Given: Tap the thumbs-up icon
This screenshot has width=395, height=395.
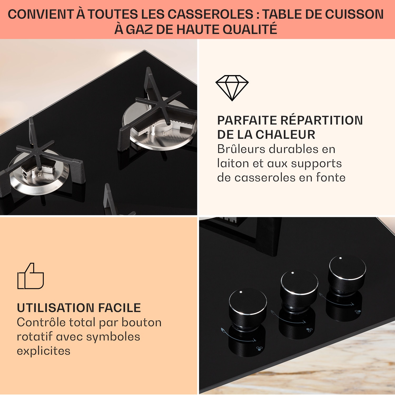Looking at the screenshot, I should pos(31,276).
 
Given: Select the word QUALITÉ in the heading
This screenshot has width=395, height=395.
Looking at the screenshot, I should pos(250,29).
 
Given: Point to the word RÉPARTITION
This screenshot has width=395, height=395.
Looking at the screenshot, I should pos(321,120).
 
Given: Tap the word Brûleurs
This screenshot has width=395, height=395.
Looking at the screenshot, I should pos(241,149).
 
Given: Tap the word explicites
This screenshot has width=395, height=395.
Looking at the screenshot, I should pos(43,351).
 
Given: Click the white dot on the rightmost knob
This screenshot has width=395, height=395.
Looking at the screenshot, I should pos(340,258).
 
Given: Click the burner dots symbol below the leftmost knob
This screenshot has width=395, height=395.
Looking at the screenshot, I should pos(259,349).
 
